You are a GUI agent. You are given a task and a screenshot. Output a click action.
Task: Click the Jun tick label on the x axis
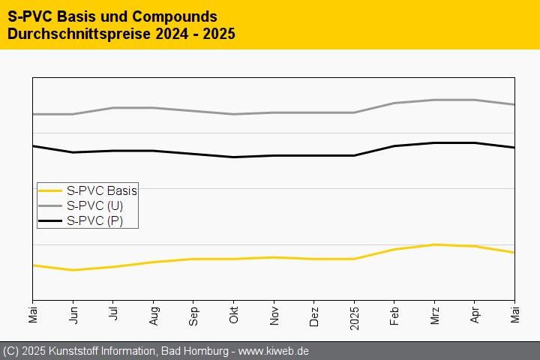(x=73, y=314)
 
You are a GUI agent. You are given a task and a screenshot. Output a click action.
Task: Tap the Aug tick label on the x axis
(x=153, y=314)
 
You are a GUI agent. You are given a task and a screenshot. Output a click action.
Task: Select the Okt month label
(x=233, y=314)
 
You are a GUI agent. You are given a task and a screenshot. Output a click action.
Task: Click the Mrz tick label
(x=434, y=314)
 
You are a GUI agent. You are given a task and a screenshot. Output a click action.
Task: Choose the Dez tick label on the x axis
(x=313, y=314)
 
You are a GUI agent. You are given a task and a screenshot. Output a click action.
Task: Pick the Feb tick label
(x=394, y=314)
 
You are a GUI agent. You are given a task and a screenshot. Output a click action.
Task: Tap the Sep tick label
(x=193, y=314)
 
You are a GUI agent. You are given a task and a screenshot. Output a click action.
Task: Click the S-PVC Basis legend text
(x=101, y=190)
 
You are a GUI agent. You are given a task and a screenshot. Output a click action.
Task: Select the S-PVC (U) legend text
(x=94, y=205)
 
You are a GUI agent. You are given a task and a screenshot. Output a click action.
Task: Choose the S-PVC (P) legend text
(x=94, y=220)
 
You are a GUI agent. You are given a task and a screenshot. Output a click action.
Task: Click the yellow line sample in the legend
(x=50, y=190)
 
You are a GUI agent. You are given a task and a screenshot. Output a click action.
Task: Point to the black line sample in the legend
(x=50, y=220)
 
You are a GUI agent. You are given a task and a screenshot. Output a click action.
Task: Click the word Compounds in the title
(x=172, y=16)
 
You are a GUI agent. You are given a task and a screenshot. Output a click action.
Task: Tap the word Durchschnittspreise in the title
(x=73, y=34)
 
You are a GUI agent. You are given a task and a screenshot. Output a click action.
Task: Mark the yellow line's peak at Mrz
(x=434, y=244)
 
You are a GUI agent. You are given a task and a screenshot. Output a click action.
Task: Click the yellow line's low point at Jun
(x=73, y=270)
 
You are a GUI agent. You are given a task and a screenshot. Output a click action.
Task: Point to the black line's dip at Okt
(x=233, y=157)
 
